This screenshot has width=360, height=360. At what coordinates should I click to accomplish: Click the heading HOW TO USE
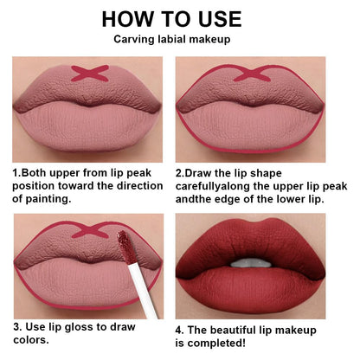pyautogui.click(x=179, y=19)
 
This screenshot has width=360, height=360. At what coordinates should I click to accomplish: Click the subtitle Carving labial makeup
pyautogui.click(x=179, y=39)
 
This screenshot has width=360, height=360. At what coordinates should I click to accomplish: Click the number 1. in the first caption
pyautogui.click(x=16, y=173)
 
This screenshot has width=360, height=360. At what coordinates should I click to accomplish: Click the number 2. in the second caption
pyautogui.click(x=180, y=173)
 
